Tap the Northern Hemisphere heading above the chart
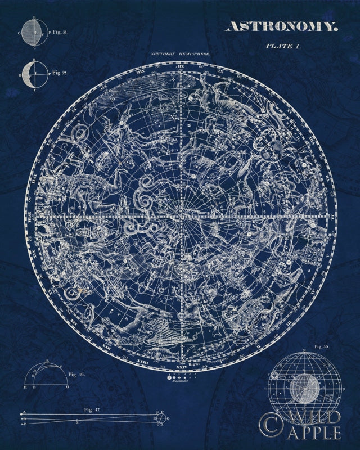point(179,55)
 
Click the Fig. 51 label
point(58,33)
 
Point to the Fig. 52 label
point(60,73)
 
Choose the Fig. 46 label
point(76,373)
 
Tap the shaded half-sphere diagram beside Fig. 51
point(32,33)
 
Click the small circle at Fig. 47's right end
point(161,418)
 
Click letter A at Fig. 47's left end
point(24,413)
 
